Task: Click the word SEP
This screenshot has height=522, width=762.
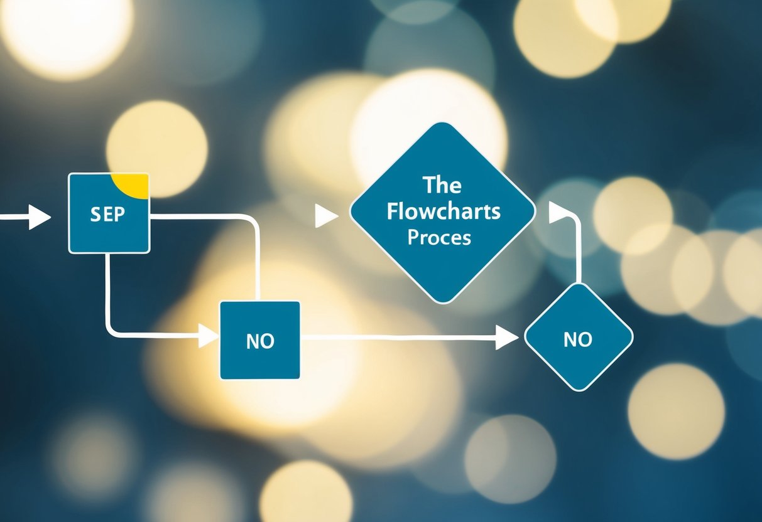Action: tap(108, 214)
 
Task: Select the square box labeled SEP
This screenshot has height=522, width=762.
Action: tap(108, 232)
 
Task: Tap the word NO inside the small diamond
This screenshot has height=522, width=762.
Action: tap(578, 339)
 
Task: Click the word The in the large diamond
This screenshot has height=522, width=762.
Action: tap(442, 185)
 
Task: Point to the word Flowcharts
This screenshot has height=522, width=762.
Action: tap(444, 211)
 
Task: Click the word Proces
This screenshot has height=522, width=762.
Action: tap(439, 238)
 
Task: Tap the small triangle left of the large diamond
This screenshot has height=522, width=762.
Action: tap(325, 216)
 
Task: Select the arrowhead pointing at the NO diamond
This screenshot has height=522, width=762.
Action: tap(507, 338)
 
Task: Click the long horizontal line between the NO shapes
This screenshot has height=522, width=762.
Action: tap(402, 338)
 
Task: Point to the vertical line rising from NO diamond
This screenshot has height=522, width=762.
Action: tap(577, 257)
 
